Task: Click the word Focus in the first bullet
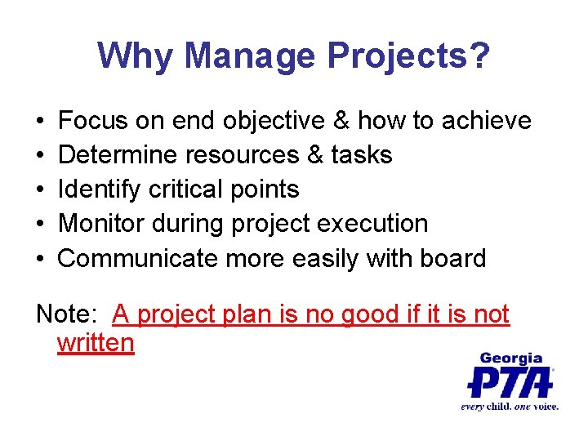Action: (94, 121)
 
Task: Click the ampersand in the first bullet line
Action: (340, 121)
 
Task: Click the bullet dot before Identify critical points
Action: (41, 190)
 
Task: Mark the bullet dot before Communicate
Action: (41, 260)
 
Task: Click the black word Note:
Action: (68, 314)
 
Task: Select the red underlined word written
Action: (96, 342)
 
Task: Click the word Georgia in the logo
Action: (511, 358)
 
